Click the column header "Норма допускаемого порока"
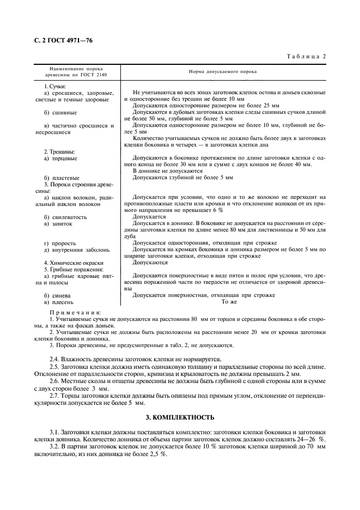pos(223,71)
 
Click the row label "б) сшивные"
pos(61,112)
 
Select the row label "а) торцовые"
pos(62,158)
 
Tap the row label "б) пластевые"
pos(62,178)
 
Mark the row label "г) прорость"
pos(61,243)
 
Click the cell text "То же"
pos(229,301)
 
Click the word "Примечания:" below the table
pos(71,312)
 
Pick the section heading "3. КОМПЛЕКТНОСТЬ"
pos(180,417)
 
